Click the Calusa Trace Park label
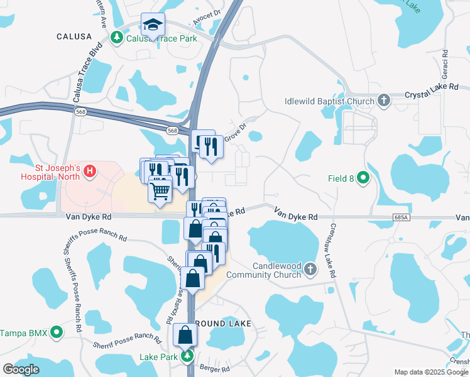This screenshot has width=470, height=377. click(x=162, y=38)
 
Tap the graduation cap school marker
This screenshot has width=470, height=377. click(x=153, y=25)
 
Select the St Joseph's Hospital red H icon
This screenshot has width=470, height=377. click(x=89, y=170)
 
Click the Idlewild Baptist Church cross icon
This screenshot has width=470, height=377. click(x=383, y=101)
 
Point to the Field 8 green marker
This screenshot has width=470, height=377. click(x=363, y=178)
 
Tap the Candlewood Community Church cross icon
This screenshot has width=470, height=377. click(x=309, y=270)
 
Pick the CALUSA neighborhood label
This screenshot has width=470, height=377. click(x=74, y=36)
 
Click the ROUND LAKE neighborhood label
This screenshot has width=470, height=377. click(x=223, y=323)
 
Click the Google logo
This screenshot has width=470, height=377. click(x=21, y=369)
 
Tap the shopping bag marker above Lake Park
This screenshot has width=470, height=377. click(x=185, y=334)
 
